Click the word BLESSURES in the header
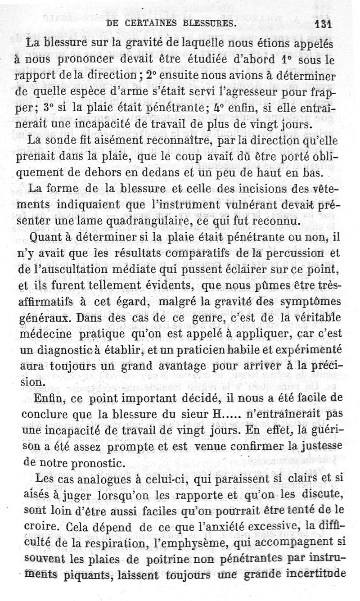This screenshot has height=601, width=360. coord(204,23)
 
